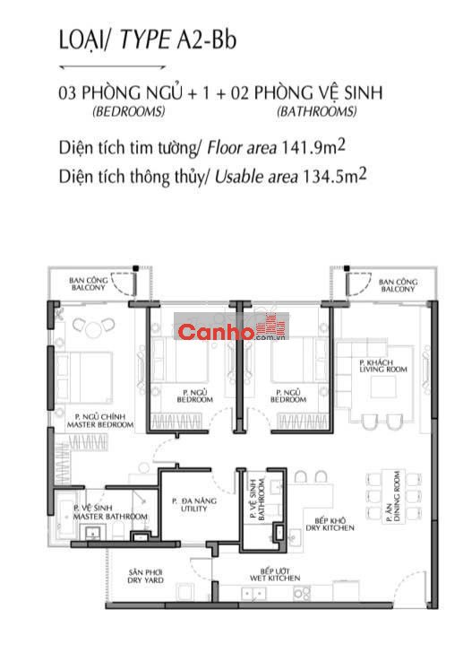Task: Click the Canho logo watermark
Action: (x=231, y=326)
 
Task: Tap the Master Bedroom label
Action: (x=100, y=421)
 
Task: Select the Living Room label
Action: (x=383, y=366)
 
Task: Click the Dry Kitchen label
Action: (x=330, y=524)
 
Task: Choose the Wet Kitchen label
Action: (x=275, y=575)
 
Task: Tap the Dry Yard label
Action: (x=145, y=577)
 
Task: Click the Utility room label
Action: (x=194, y=505)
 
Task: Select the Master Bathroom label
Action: (x=110, y=512)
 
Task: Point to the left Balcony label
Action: (x=88, y=283)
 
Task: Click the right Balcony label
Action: (x=398, y=285)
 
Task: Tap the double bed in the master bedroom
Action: (x=84, y=378)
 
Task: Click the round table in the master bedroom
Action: (x=94, y=329)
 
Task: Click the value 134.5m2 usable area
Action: (x=335, y=176)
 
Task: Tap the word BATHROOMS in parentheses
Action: (x=317, y=111)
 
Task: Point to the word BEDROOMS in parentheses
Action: (x=129, y=111)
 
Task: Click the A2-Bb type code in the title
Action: (x=207, y=40)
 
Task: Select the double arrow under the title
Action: (x=113, y=66)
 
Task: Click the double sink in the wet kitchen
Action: (x=253, y=594)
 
